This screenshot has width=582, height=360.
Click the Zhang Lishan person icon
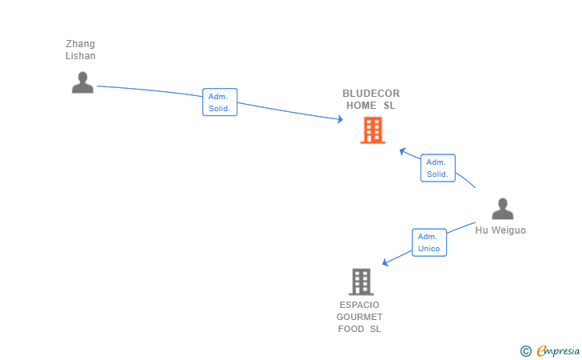(x=82, y=82)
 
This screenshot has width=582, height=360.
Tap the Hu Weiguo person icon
(x=503, y=209)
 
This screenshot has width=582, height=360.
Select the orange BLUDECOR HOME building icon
(x=373, y=130)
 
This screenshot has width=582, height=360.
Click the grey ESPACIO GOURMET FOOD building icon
(x=361, y=282)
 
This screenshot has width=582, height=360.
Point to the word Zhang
(x=80, y=44)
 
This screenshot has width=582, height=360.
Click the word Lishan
(x=80, y=56)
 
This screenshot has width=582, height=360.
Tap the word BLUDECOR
(x=371, y=94)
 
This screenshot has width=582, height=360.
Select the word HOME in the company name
(x=361, y=106)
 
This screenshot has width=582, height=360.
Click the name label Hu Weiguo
(x=500, y=230)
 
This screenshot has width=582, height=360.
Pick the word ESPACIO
(x=359, y=305)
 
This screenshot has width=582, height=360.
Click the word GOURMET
(x=359, y=317)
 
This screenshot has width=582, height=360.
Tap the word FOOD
(x=351, y=329)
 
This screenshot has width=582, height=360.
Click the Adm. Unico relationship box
(x=429, y=242)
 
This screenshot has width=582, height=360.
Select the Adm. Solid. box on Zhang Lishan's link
(x=220, y=102)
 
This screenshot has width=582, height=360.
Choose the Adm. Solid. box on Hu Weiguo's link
(x=438, y=168)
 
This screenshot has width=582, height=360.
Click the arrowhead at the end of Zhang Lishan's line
(x=341, y=119)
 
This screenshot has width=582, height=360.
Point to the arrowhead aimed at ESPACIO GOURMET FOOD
(x=385, y=262)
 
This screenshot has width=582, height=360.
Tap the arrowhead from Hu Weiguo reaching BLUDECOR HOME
(x=402, y=151)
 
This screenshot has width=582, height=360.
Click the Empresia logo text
(x=558, y=350)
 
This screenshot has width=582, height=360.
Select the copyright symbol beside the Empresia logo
(x=526, y=351)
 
